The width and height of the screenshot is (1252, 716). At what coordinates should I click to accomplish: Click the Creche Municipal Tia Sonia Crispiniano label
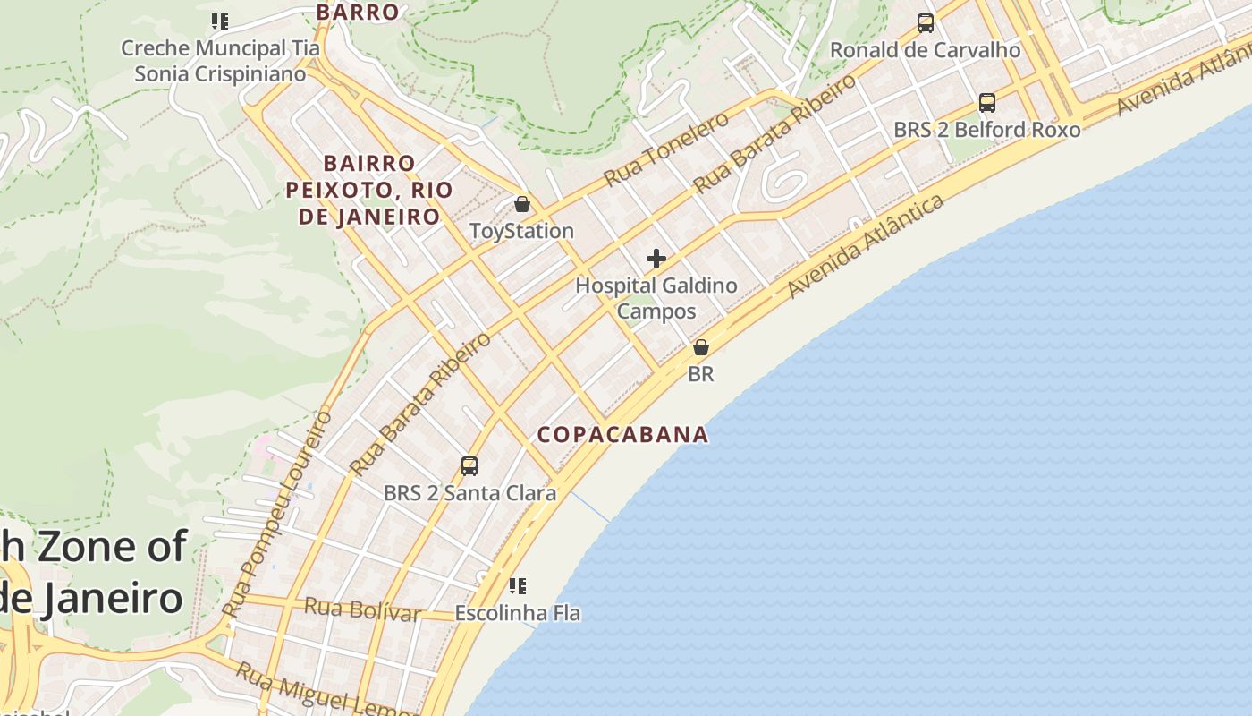(220, 61)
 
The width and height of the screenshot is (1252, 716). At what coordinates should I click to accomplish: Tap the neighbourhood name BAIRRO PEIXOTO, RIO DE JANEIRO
(369, 190)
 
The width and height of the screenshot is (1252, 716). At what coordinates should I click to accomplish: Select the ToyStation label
(521, 231)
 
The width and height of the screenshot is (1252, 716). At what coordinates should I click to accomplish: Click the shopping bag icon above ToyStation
(522, 204)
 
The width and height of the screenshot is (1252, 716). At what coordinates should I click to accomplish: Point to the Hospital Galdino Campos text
(656, 298)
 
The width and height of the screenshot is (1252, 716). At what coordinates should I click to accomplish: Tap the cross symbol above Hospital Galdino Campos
(656, 260)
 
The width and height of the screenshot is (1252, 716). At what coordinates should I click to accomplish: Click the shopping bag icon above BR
(701, 347)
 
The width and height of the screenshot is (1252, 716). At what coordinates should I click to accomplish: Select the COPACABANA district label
(622, 435)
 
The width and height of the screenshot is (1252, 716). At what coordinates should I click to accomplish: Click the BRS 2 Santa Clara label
(469, 493)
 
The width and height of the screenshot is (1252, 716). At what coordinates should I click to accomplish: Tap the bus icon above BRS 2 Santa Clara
(469, 465)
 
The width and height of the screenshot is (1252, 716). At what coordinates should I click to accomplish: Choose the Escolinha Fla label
(517, 614)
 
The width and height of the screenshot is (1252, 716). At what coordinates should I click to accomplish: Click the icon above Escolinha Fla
(517, 586)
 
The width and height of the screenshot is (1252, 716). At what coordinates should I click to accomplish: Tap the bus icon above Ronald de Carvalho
(926, 23)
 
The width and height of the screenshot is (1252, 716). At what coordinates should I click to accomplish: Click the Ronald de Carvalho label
(925, 50)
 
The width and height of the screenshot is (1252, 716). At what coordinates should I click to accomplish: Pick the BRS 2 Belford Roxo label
(986, 130)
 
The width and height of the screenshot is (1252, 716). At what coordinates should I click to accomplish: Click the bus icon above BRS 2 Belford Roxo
(987, 103)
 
